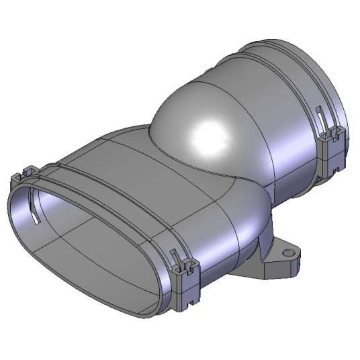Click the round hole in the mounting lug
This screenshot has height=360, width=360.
pos(289,253)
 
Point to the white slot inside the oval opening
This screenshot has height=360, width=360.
pos(34,218)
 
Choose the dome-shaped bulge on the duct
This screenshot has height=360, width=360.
pos(201,121)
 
